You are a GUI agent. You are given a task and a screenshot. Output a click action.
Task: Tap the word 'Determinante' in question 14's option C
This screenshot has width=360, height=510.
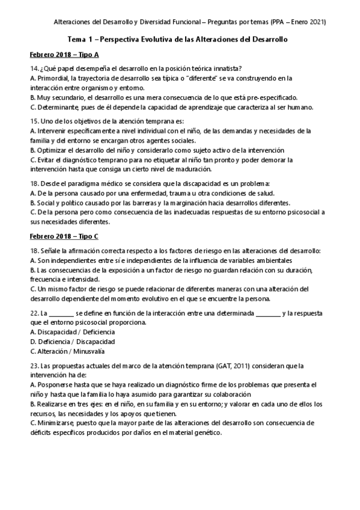pos(57,108)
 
